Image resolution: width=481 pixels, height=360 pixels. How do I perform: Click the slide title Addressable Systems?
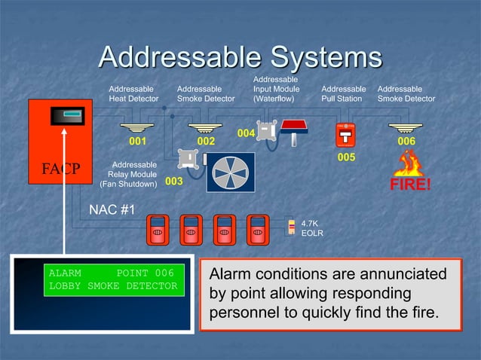coord(240,58)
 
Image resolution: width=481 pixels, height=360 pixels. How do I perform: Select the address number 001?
coord(137,141)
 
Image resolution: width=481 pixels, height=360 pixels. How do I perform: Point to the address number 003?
coord(174,182)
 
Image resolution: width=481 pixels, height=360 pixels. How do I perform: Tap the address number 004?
coord(246,133)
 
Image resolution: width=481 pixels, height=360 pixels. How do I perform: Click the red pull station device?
coord(345,135)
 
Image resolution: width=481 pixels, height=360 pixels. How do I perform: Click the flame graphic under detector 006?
coord(409,163)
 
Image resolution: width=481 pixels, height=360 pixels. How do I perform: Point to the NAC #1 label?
coord(112,209)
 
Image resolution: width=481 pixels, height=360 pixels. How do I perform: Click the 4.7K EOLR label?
coord(312,228)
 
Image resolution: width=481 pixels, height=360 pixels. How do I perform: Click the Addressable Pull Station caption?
coord(343,93)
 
